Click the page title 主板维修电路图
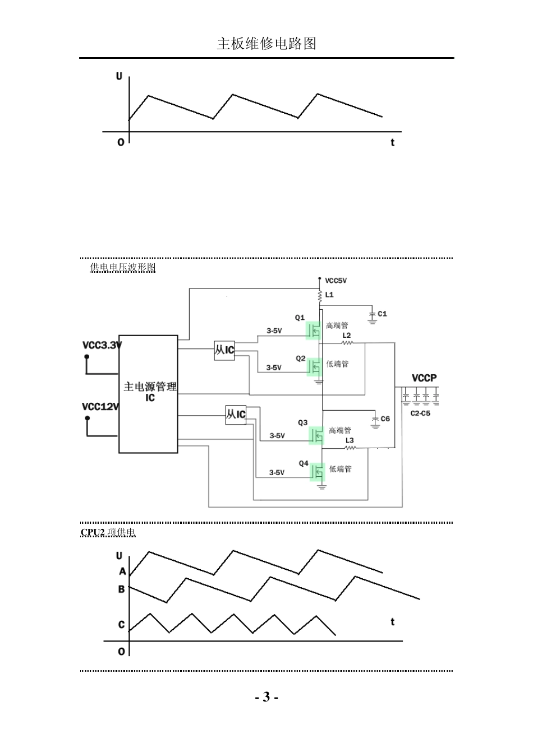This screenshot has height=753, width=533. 266,44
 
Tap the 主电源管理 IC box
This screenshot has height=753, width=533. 149,394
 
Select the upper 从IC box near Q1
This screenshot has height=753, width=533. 224,350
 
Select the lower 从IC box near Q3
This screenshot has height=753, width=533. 236,415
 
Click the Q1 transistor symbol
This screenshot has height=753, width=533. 314,329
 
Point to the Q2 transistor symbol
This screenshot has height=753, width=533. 315,366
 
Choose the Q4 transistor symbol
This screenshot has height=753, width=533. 318,472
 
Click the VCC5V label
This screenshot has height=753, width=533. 336,281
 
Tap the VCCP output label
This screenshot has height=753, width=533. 424,378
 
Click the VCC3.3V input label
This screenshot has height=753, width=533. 102,345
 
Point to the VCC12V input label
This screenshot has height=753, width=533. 100,406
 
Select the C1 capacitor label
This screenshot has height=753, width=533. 382,314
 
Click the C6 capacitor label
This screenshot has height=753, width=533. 385,419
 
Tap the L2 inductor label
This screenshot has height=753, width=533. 347,335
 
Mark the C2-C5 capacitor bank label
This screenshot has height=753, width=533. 420,413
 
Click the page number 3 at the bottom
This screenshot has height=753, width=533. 266,697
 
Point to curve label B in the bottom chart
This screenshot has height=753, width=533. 121,589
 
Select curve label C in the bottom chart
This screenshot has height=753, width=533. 121,624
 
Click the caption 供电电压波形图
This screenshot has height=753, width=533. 123,268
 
